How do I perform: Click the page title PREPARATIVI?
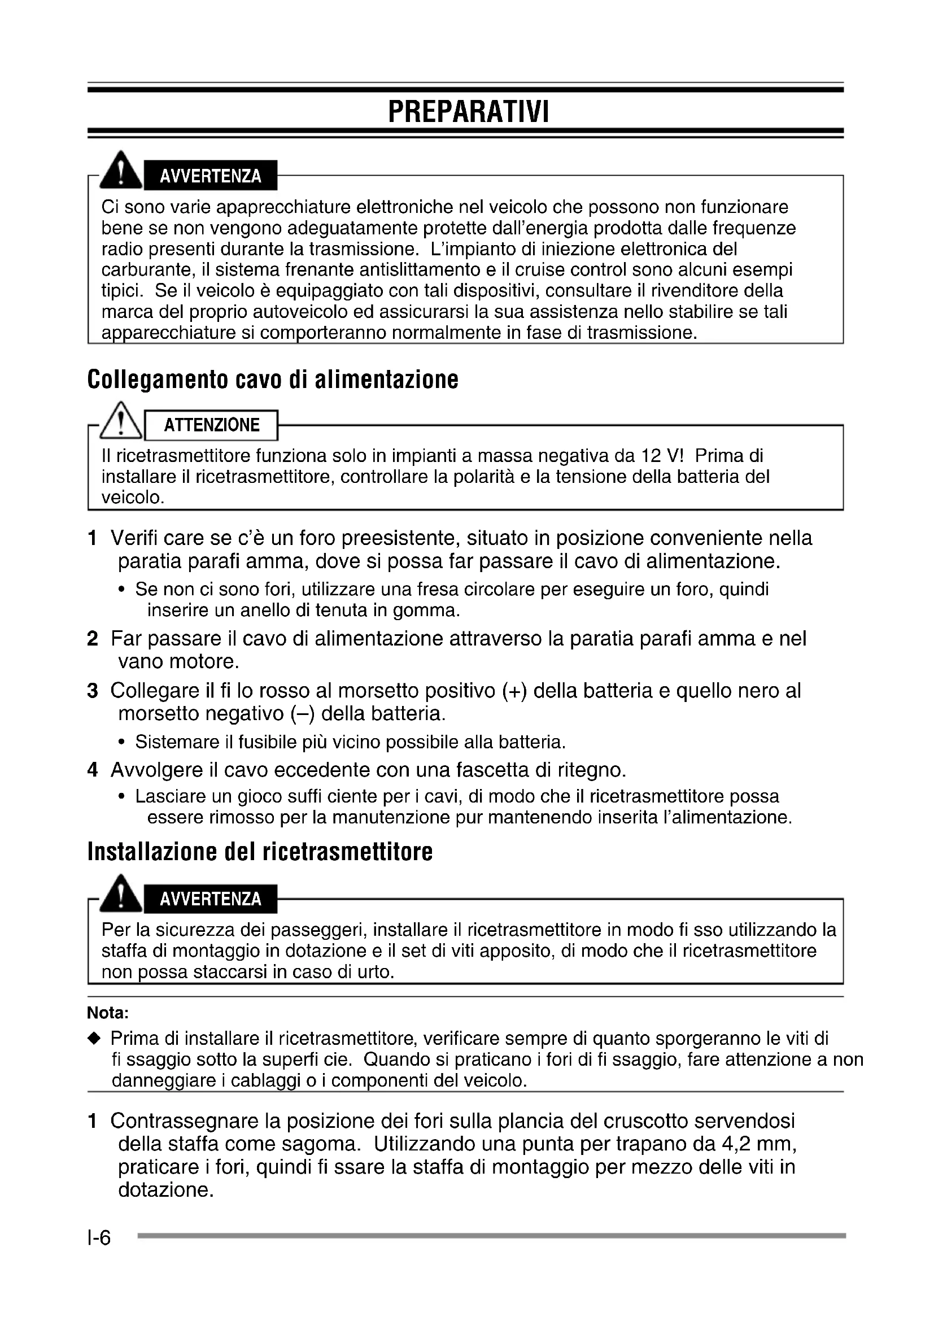468,112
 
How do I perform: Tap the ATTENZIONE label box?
212,425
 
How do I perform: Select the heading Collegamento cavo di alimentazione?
273,380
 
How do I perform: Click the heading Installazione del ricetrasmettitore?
260,852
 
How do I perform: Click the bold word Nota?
107,1012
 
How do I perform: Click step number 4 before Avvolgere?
93,770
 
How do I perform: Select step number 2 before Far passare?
93,639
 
